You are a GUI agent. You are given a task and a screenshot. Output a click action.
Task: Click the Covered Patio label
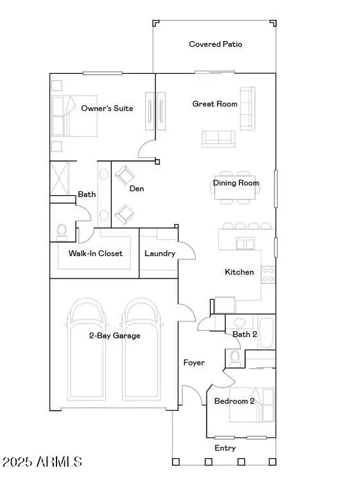pyautogui.click(x=215, y=44)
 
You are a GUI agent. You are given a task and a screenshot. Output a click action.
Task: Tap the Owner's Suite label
pyautogui.click(x=107, y=108)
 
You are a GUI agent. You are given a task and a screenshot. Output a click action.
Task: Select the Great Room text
pyautogui.click(x=215, y=103)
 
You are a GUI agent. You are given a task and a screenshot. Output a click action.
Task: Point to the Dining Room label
pyautogui.click(x=236, y=183)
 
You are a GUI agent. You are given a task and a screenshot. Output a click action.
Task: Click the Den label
pyautogui.click(x=137, y=189)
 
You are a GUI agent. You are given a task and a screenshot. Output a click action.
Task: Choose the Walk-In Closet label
pyautogui.click(x=95, y=253)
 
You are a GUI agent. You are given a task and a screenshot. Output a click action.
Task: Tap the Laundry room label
pyautogui.click(x=160, y=254)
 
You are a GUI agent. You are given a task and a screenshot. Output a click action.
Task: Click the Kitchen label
pyautogui.click(x=239, y=272)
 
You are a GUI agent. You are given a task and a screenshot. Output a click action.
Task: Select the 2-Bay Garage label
pyautogui.click(x=114, y=335)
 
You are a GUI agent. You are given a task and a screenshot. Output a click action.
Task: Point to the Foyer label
pyautogui.click(x=194, y=363)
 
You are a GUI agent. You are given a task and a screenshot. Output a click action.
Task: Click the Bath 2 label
pyautogui.click(x=244, y=334)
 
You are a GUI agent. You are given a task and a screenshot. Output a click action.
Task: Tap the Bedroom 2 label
pyautogui.click(x=234, y=401)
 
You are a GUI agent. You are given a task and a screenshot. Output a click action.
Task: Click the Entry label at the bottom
pyautogui.click(x=225, y=448)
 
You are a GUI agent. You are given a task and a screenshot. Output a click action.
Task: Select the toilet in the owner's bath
pyautogui.click(x=62, y=230)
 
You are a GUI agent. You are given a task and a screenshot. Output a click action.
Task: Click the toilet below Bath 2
pyautogui.click(x=235, y=356)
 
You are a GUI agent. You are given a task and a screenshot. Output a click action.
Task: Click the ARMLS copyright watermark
pyautogui.click(x=42, y=462)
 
